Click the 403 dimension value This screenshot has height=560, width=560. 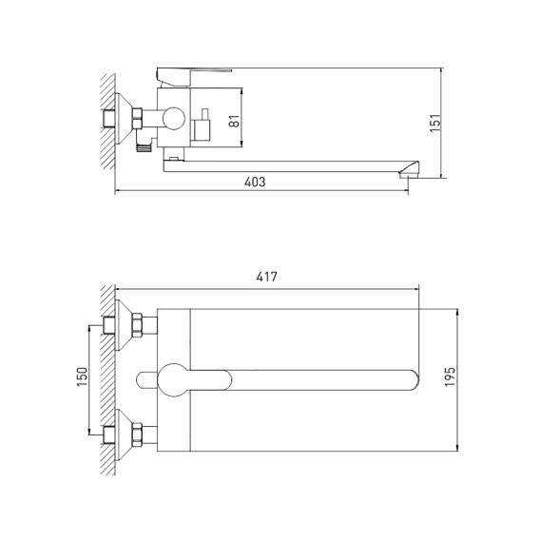[x=254, y=182]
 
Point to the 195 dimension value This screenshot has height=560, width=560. [x=451, y=377]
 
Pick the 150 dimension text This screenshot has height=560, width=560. [x=83, y=378]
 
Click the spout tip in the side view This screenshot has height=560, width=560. [x=410, y=171]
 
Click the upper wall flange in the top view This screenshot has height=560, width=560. [x=120, y=323]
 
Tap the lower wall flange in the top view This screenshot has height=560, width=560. [x=120, y=435]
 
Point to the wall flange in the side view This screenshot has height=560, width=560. [x=122, y=119]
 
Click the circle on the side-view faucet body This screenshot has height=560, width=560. [x=174, y=119]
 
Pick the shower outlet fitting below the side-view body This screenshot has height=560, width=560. [x=144, y=146]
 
